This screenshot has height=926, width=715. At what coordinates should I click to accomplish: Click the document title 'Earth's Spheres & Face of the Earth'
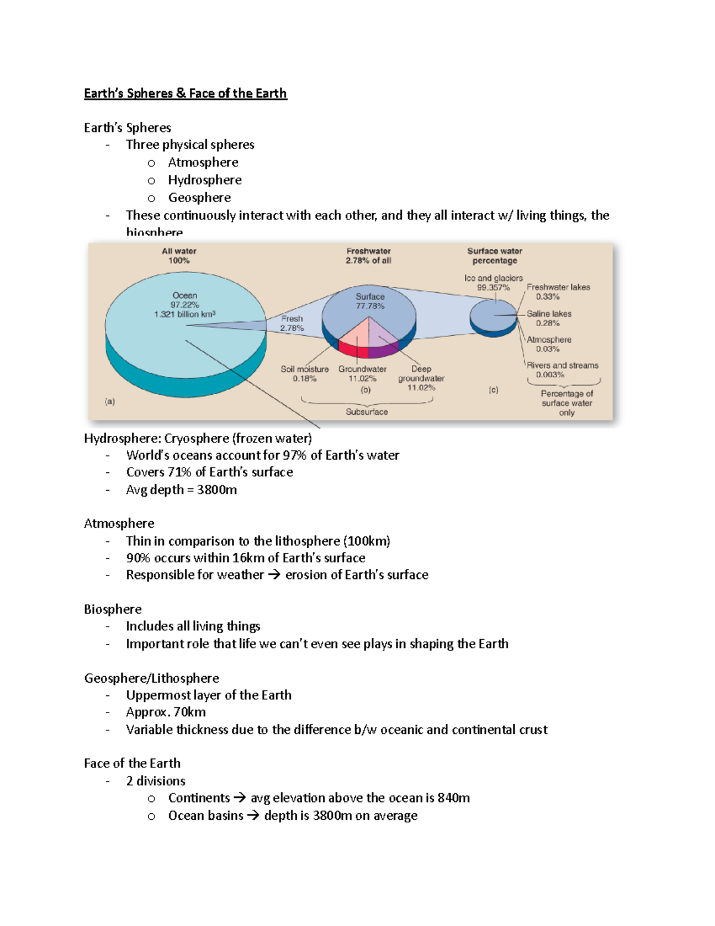(185, 94)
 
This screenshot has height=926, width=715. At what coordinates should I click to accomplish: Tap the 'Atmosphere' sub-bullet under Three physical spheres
(203, 162)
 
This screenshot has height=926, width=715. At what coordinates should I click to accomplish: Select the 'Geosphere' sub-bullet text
(199, 197)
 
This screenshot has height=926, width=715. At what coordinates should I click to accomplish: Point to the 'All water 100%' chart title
(179, 256)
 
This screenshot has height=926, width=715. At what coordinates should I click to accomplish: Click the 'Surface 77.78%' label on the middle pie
(370, 301)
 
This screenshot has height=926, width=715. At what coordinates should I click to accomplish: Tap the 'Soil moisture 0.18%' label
(304, 374)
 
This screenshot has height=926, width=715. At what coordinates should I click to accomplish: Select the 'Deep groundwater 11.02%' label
(421, 378)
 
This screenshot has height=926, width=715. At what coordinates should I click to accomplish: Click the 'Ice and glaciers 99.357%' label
(493, 283)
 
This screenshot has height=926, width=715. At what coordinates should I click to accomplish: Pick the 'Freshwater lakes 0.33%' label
(558, 292)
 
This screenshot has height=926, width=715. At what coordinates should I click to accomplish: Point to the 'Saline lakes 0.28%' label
(549, 318)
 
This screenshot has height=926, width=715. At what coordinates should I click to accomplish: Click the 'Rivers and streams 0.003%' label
(562, 370)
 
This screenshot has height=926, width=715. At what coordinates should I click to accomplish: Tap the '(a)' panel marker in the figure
(110, 402)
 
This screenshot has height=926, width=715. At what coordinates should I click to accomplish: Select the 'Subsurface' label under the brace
(366, 412)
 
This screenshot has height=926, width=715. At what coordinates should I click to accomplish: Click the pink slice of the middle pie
(355, 340)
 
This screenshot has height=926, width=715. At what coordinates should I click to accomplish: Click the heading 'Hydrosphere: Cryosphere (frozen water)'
(198, 439)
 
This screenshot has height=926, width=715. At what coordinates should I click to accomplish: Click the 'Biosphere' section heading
(113, 609)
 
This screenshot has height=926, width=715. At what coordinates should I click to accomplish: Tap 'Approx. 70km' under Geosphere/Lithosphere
(166, 713)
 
